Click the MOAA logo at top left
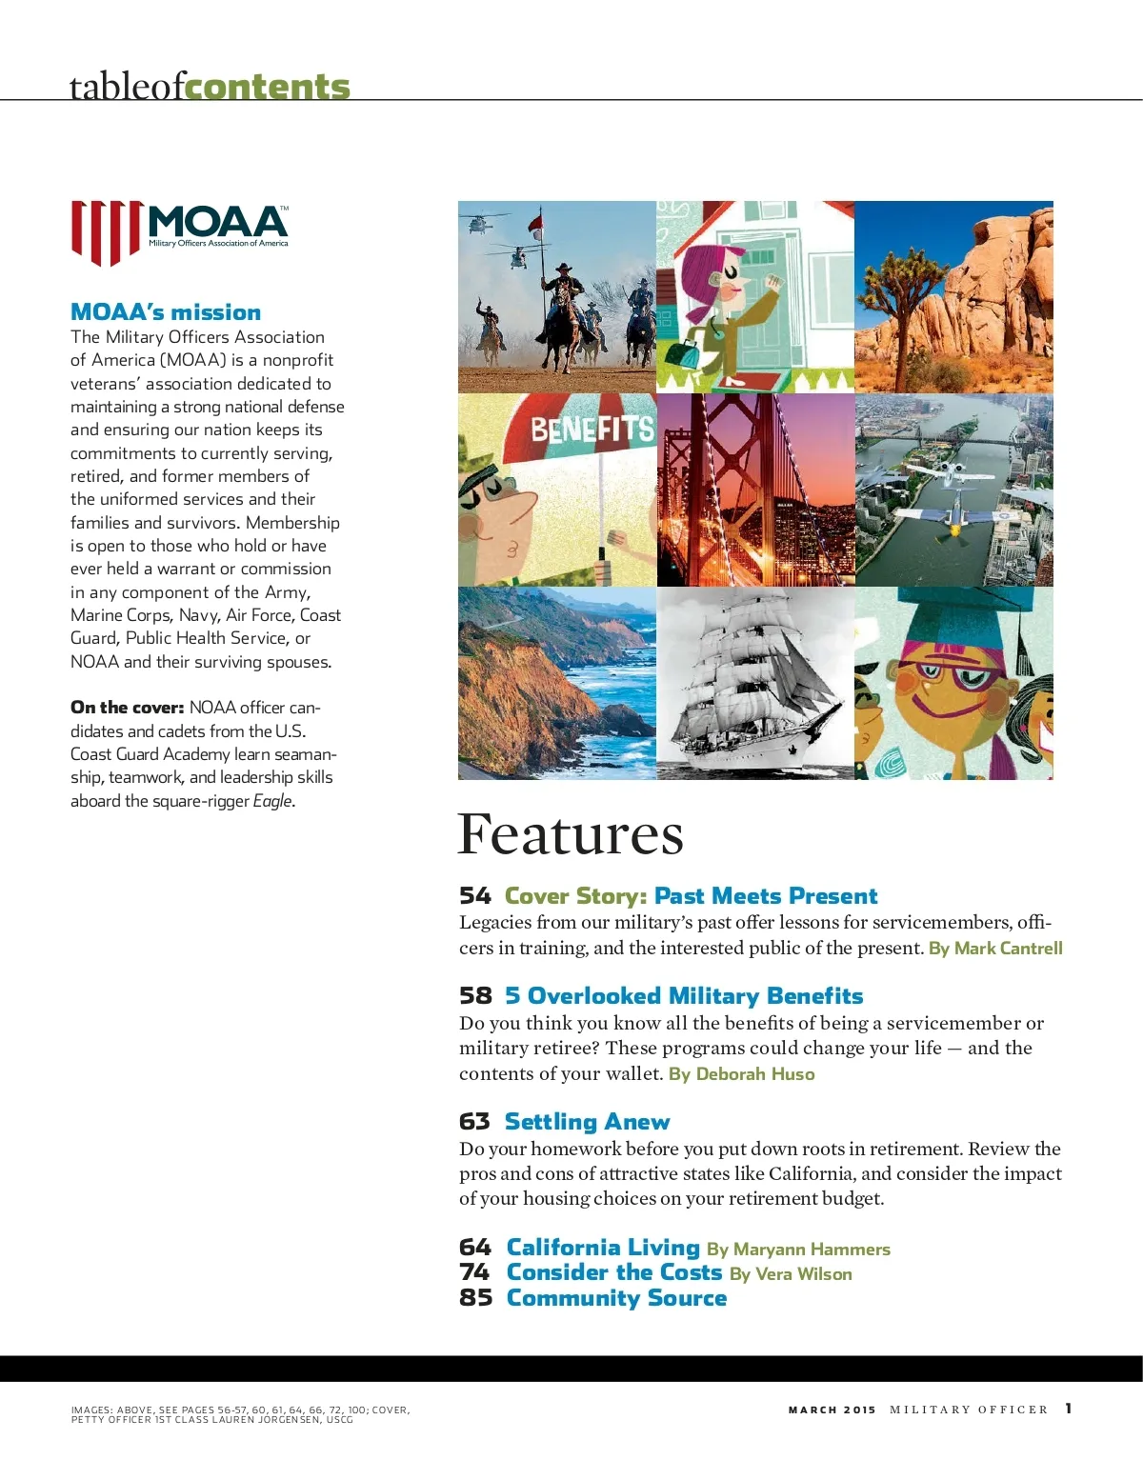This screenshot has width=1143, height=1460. click(x=179, y=231)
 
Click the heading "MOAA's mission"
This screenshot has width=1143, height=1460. click(x=166, y=312)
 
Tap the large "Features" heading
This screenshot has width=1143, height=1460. click(x=570, y=835)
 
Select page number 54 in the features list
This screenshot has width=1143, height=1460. click(x=474, y=896)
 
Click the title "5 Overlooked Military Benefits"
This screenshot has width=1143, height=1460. click(x=684, y=996)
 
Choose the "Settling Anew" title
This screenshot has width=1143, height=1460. click(x=587, y=1122)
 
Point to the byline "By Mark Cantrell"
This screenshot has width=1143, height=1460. click(x=995, y=949)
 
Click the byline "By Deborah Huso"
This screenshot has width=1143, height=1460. click(x=742, y=1074)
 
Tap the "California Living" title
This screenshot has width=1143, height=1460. click(x=603, y=1248)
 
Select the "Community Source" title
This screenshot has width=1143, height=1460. click(x=616, y=1298)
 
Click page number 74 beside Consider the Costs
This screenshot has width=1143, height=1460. click(x=474, y=1272)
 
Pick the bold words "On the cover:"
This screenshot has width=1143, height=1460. click(x=127, y=708)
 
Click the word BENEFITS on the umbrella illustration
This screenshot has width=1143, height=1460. click(x=592, y=430)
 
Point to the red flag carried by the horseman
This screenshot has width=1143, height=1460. click(x=537, y=225)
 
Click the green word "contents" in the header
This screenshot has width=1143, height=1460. click(x=268, y=87)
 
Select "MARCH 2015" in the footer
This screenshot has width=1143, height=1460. click(x=832, y=1410)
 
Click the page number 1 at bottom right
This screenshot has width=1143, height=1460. click(x=1069, y=1409)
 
